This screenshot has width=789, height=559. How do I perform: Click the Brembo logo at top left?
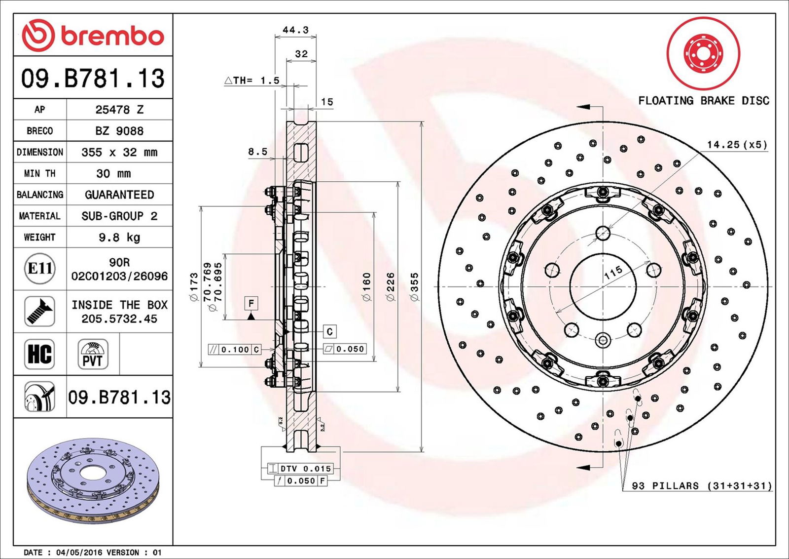tap(93, 36)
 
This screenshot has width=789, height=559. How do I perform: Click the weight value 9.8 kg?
tap(119, 238)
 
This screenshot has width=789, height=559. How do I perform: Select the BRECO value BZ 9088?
tap(119, 131)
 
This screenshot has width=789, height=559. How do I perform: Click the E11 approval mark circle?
tap(39, 269)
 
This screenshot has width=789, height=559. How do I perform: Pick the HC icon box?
tap(39, 354)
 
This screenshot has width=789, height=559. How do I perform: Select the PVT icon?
tap(93, 354)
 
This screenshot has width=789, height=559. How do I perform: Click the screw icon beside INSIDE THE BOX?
tap(39, 311)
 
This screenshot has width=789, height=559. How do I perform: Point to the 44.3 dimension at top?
tap(295, 30)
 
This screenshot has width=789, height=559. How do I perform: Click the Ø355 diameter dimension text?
tap(414, 286)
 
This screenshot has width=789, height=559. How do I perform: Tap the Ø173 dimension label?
tap(193, 286)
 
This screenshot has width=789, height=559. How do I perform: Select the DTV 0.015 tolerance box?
tap(300, 468)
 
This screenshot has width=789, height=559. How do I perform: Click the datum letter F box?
tap(251, 303)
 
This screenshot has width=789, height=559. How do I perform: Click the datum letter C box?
tap(329, 331)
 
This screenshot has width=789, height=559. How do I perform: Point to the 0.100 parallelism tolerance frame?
tap(235, 350)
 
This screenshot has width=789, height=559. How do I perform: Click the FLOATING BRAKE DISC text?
tap(703, 101)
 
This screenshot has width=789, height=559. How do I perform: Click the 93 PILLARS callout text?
tap(702, 486)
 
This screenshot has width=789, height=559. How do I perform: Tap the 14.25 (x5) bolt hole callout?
tap(737, 145)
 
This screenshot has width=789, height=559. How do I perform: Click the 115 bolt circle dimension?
tap(613, 273)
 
